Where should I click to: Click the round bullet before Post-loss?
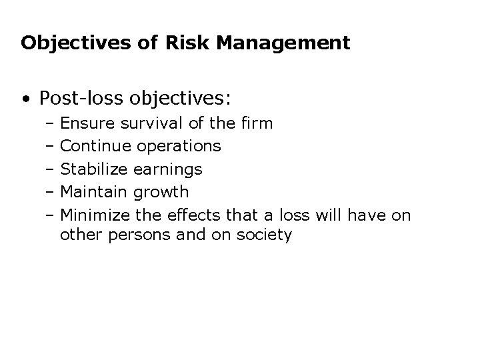25,99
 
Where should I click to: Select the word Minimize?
95,215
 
